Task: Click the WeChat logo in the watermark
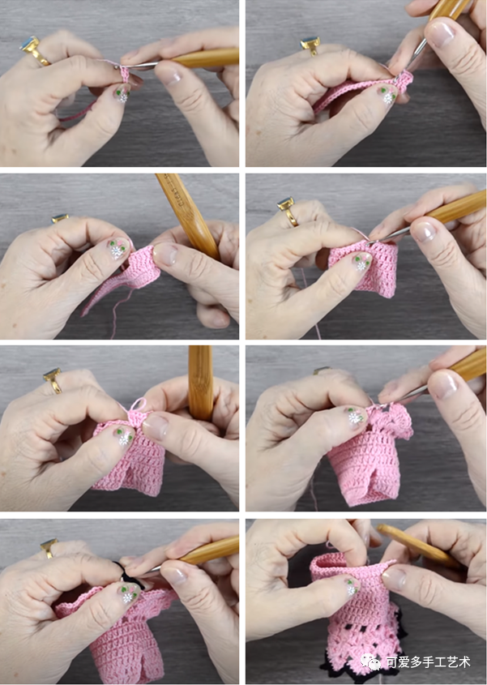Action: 370,661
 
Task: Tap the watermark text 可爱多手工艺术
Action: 428,661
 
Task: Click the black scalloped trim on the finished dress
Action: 362,666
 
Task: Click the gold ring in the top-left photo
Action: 34,51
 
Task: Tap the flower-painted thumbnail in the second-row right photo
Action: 362,262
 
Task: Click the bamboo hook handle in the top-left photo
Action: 204,58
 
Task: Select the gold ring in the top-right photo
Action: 310,46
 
